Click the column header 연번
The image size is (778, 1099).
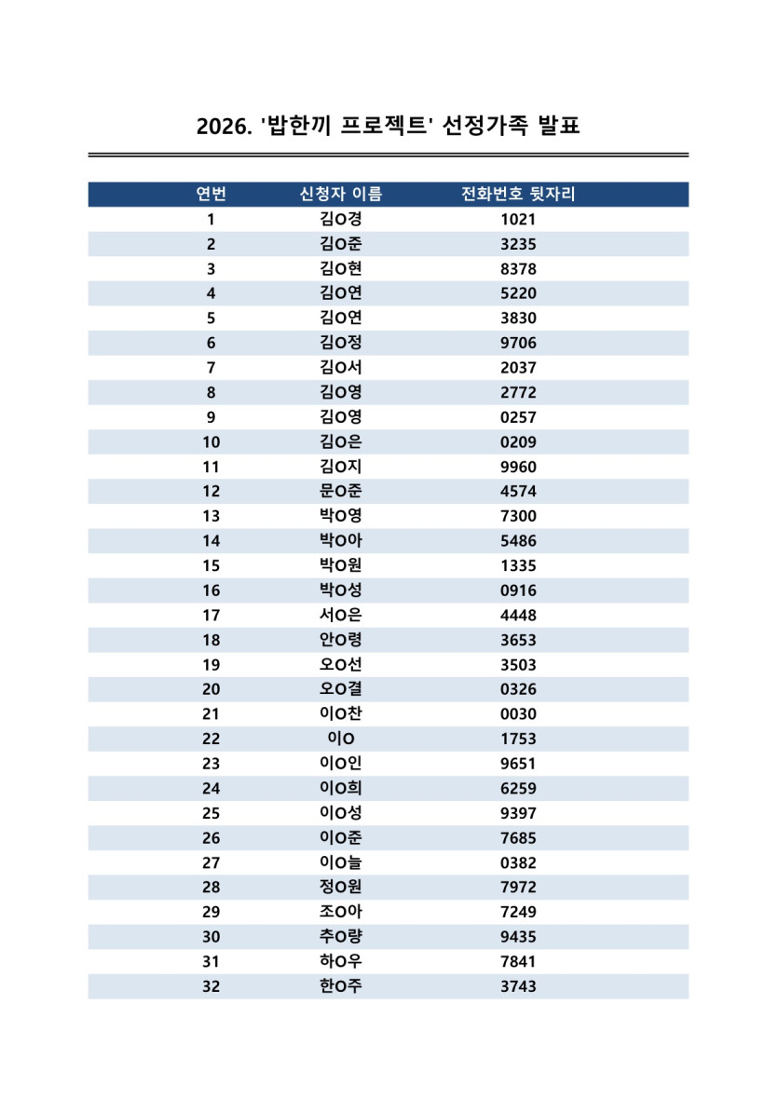pos(211,195)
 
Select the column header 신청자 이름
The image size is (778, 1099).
pos(340,195)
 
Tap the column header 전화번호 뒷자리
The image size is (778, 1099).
pos(518,195)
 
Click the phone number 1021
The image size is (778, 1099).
pos(518,220)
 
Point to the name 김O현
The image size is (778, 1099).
pos(340,269)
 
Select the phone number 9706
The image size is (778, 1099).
pos(518,344)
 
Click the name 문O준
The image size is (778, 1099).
pos(340,492)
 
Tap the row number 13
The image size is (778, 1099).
pos(211,517)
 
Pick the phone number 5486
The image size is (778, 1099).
pos(518,541)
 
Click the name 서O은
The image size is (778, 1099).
pos(340,616)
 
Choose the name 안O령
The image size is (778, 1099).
pos(340,640)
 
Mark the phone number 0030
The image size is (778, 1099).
pos(518,714)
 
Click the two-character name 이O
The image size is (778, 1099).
pos(340,739)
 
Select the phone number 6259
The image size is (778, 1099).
pos(518,789)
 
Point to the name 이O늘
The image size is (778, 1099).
pos(340,862)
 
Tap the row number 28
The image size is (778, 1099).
pos(211,888)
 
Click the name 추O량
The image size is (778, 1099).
pos(340,937)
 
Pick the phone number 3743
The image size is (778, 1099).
pos(518,986)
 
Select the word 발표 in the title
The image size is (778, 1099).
pos(559,126)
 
